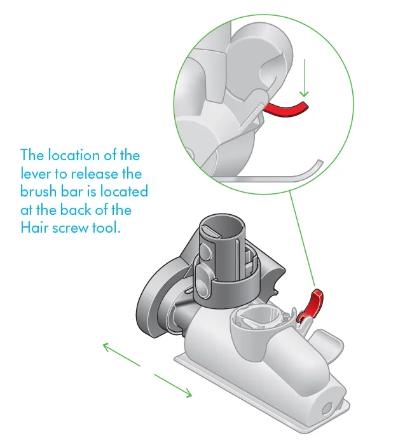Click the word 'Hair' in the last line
tap(34, 228)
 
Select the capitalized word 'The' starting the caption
tap(32, 155)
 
